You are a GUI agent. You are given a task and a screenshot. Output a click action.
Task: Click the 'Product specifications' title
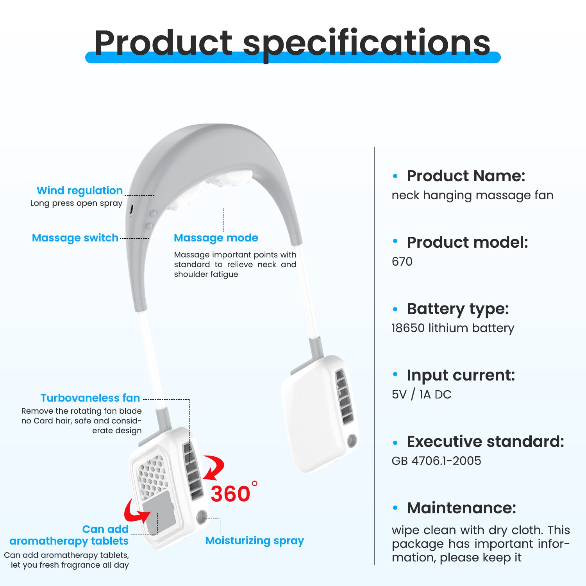click(x=292, y=43)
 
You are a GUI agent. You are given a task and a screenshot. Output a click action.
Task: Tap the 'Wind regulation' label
click(x=80, y=191)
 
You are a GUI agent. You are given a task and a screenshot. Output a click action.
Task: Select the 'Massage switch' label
click(x=75, y=238)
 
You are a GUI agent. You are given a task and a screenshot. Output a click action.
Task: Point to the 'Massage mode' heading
click(x=216, y=238)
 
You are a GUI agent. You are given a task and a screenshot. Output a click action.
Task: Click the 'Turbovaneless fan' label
click(x=90, y=398)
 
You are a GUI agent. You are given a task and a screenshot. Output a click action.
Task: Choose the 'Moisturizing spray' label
click(x=255, y=541)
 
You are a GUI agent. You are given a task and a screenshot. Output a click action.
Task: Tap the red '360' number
click(x=230, y=494)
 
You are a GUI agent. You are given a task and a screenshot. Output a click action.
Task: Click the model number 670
click(x=402, y=261)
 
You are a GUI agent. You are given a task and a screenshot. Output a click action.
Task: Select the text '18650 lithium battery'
click(x=453, y=328)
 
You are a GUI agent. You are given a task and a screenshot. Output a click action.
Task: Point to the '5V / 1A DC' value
click(x=422, y=395)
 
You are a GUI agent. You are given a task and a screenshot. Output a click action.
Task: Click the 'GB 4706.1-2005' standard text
click(x=436, y=461)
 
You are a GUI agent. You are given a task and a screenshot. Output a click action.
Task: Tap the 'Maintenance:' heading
click(x=461, y=508)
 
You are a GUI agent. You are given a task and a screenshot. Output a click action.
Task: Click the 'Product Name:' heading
click(x=466, y=176)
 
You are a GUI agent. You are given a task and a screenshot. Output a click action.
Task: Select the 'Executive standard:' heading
click(x=486, y=441)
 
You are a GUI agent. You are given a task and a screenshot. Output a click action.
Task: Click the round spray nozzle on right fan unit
click(x=352, y=441)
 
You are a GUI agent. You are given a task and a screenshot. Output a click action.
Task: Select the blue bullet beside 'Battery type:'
click(x=395, y=309)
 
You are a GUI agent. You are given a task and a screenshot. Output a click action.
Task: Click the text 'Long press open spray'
click(x=77, y=204)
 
